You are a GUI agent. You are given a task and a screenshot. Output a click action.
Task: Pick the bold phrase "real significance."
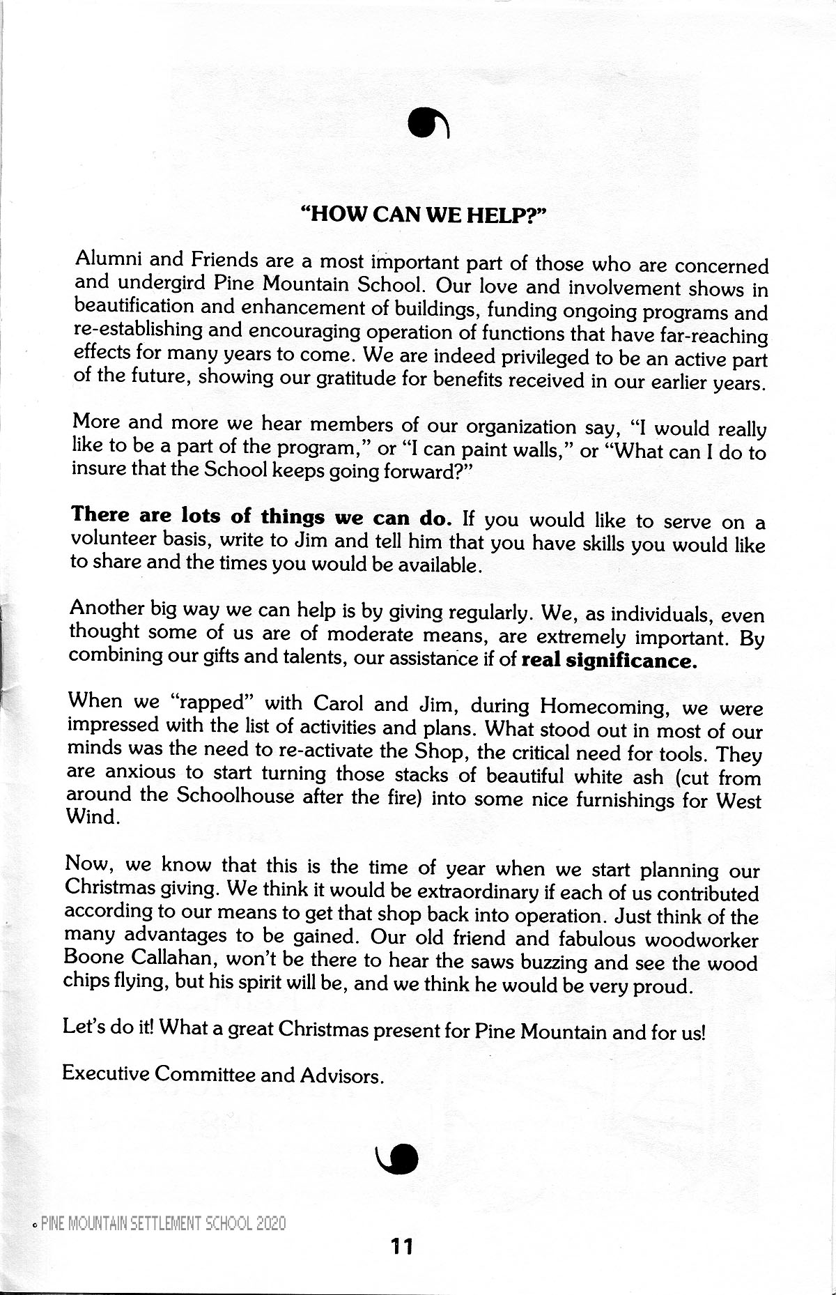click(x=610, y=659)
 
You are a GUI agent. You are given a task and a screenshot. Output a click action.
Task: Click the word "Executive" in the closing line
click(x=104, y=1073)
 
